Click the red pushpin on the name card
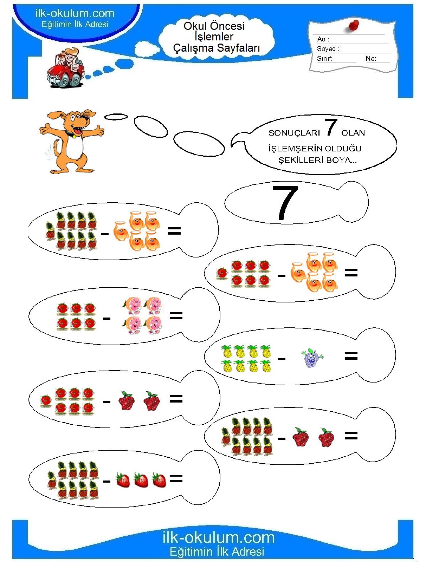[x=354, y=25]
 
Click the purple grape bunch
[x=312, y=358]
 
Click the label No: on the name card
[x=371, y=58]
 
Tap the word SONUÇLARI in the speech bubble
[x=294, y=133]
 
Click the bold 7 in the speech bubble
[x=331, y=127]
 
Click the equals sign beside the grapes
[x=351, y=356]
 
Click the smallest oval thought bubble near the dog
[x=116, y=117]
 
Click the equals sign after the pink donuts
[x=176, y=315]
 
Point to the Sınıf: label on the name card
[x=324, y=59]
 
